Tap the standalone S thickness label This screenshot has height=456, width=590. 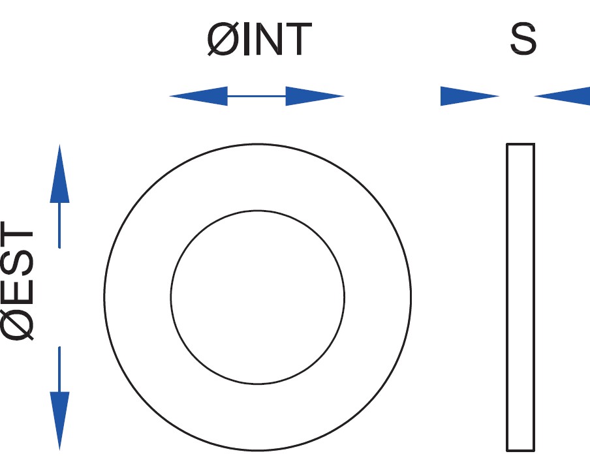click(523, 39)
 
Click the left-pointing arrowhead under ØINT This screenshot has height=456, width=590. click(198, 97)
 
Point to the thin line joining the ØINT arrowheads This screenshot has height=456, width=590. click(256, 97)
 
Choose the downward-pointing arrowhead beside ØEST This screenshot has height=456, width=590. click(59, 418)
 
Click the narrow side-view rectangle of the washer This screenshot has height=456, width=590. click(520, 297)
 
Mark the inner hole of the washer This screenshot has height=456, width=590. click(258, 297)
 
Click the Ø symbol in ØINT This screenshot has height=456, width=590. click(221, 39)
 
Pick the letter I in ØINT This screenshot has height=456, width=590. click(244, 39)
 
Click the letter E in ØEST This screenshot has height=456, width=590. click(18, 294)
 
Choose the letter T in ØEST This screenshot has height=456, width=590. click(18, 239)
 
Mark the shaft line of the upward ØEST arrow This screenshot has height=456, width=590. click(59, 225)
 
